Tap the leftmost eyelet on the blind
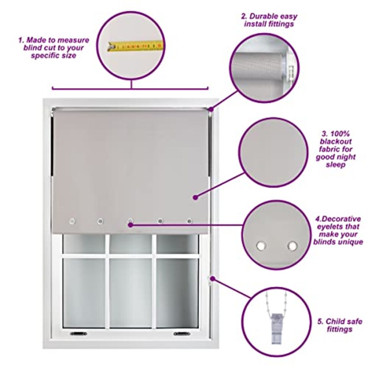72,221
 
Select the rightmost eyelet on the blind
190,221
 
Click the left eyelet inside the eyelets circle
261,246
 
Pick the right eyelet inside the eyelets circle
292,246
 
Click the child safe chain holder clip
277,328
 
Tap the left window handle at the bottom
78,333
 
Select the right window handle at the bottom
182,333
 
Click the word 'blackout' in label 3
336,141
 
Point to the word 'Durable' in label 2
263,16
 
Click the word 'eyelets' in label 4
329,227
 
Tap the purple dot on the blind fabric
195,197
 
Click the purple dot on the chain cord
213,279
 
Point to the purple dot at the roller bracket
211,109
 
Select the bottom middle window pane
130,292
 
